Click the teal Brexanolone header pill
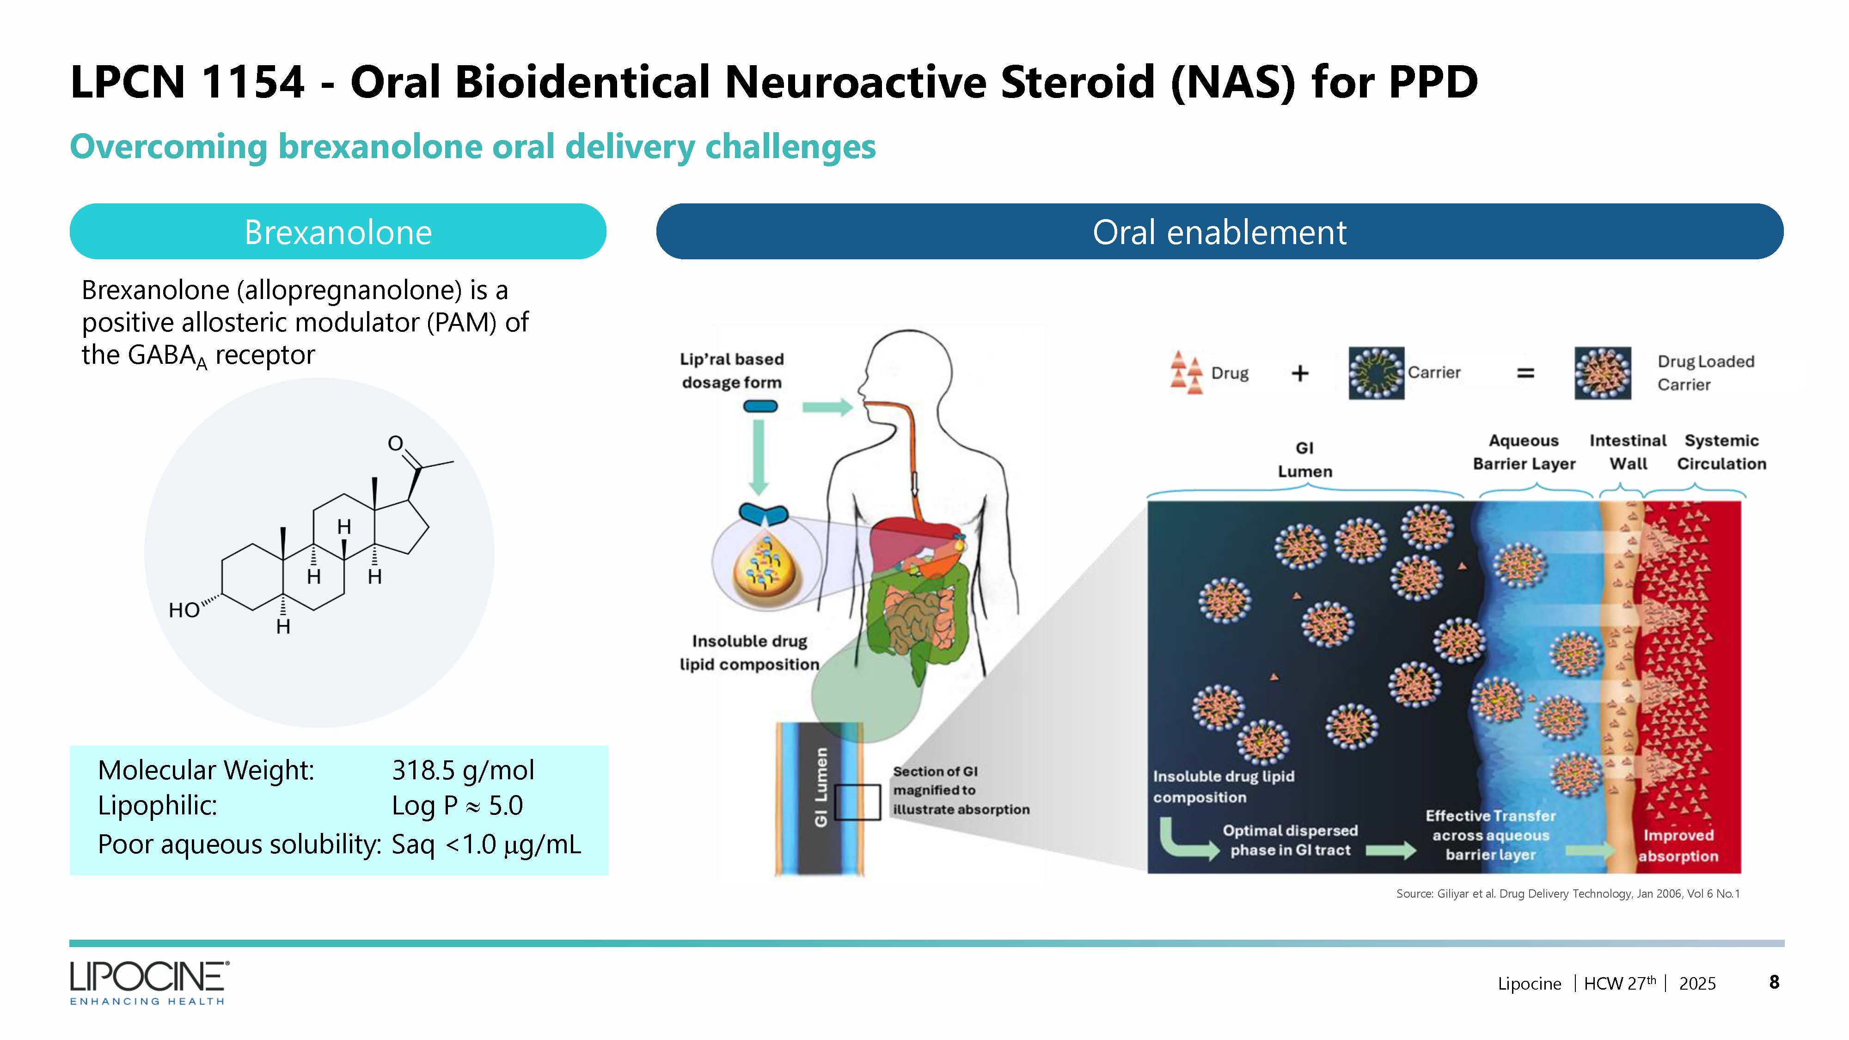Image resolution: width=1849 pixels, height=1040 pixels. click(337, 232)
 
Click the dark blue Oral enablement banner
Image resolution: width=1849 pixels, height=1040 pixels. click(1219, 232)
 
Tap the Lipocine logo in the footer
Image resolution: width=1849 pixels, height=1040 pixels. click(149, 982)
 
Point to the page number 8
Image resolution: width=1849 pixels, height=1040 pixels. click(1774, 982)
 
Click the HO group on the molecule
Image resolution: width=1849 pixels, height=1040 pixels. click(184, 610)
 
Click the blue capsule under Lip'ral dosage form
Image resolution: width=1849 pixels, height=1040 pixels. click(760, 407)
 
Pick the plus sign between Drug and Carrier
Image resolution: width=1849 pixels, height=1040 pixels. click(1300, 373)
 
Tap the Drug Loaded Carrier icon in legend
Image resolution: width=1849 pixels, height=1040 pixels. click(1603, 373)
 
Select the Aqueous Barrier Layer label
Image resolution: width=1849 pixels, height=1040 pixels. click(1524, 452)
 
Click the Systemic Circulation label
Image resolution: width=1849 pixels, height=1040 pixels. click(1721, 452)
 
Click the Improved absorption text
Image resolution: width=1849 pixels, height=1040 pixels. click(1678, 845)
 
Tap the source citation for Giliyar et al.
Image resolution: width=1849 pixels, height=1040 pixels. click(1567, 893)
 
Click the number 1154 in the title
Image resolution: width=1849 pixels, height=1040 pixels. click(253, 82)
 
